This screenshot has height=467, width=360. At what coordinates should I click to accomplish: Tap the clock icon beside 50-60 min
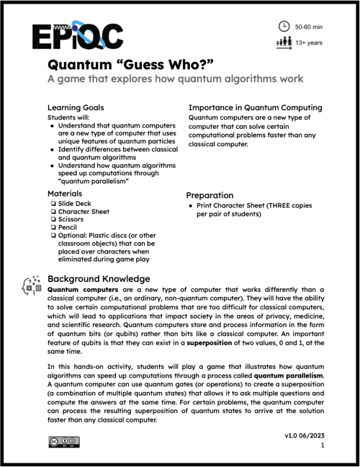(x=284, y=25)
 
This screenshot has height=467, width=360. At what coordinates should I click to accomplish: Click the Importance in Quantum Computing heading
(x=255, y=107)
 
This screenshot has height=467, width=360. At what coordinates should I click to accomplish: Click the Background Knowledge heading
(x=99, y=279)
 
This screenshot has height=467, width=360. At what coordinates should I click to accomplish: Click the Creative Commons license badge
(x=64, y=442)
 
